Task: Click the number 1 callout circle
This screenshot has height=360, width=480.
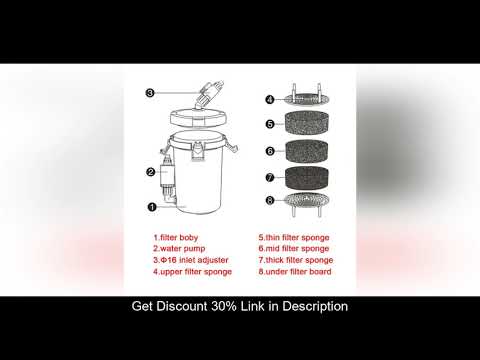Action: point(152,208)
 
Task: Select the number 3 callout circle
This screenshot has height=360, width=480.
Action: point(150,93)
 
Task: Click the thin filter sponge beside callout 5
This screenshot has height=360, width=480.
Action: point(309,125)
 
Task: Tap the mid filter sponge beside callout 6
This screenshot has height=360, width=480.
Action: point(309,153)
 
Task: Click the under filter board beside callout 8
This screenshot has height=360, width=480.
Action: point(309,202)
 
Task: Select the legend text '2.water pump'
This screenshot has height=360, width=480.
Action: point(180,249)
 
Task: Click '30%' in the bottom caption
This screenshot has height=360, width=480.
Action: point(237,306)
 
